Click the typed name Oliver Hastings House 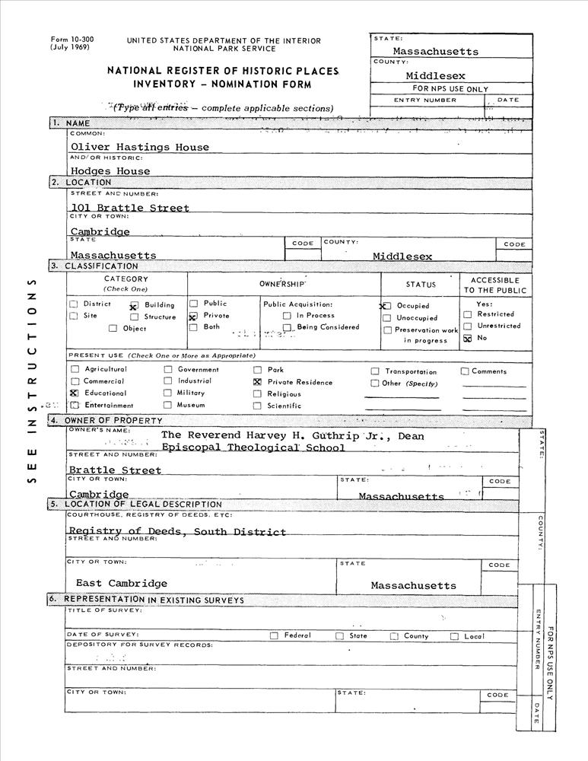click(x=139, y=147)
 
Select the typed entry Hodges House click(x=110, y=171)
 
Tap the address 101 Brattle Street click(x=130, y=207)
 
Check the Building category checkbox click(x=133, y=305)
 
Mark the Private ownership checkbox click(x=193, y=316)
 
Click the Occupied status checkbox click(x=386, y=305)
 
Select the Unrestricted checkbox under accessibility click(x=468, y=326)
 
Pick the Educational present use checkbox click(x=75, y=393)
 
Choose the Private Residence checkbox click(x=257, y=382)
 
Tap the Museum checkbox click(x=168, y=405)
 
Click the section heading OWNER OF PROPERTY click(x=113, y=421)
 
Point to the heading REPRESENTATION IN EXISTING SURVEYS click(x=154, y=600)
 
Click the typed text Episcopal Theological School click(x=253, y=447)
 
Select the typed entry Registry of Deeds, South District click(x=177, y=532)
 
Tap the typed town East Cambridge click(x=122, y=584)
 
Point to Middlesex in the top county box click(x=435, y=75)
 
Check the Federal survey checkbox click(x=274, y=635)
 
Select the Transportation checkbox click(x=375, y=371)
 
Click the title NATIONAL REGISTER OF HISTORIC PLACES click(x=222, y=70)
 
